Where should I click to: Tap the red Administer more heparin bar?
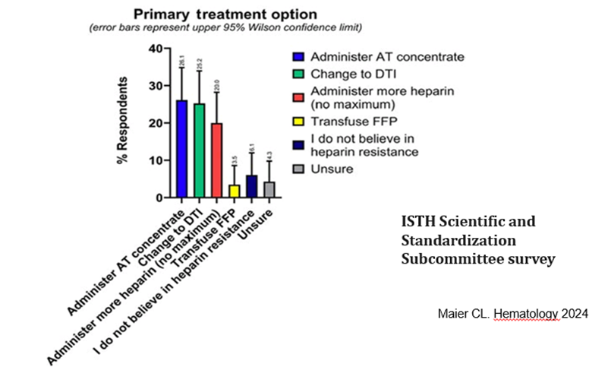coord(216,160)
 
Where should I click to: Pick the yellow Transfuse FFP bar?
coord(234,191)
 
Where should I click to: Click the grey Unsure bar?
coord(269,189)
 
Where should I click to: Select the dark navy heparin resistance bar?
coord(251,186)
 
